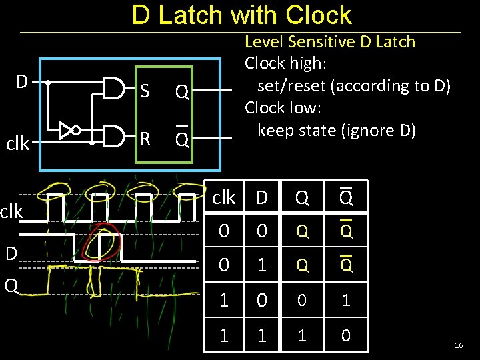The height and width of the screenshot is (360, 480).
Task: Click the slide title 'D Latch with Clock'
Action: [x=241, y=15]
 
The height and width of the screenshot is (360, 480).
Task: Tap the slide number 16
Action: [x=458, y=345]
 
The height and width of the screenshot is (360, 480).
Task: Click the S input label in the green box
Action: [x=144, y=91]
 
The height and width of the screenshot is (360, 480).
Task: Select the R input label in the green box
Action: [x=144, y=138]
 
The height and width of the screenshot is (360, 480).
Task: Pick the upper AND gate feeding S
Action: [x=115, y=88]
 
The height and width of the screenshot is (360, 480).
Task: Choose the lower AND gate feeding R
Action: [x=115, y=137]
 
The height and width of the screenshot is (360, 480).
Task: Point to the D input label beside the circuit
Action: [x=22, y=82]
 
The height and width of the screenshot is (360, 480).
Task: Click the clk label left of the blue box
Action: [x=18, y=143]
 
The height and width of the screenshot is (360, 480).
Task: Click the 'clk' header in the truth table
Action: [x=223, y=198]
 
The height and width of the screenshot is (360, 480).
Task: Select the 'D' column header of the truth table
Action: [x=262, y=198]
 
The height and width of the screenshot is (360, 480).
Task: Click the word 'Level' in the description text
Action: [x=263, y=42]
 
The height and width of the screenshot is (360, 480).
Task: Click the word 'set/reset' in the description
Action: [x=291, y=85]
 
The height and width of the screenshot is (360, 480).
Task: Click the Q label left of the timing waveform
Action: [x=11, y=285]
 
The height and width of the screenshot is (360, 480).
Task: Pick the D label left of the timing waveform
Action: [x=11, y=253]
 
